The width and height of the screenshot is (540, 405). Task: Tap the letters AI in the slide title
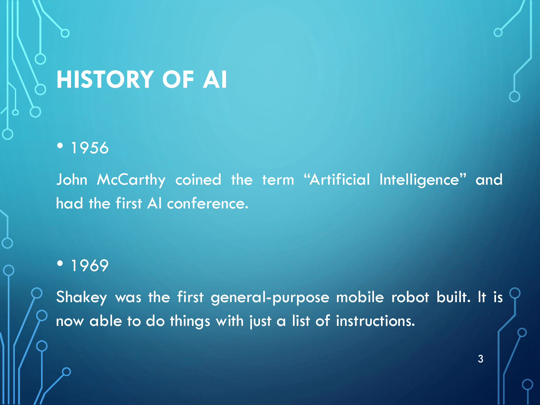coord(215,79)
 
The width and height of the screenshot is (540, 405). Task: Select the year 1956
coord(90,148)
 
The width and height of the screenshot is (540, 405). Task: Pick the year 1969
coord(90,265)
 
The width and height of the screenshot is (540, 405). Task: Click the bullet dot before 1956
coord(60,146)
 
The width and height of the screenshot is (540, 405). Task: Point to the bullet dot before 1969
coord(60,263)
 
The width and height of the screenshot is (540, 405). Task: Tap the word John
coord(72,180)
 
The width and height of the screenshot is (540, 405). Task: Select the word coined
coord(198,180)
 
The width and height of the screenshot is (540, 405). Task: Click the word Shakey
coord(82,298)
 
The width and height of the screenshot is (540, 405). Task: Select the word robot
coord(410,297)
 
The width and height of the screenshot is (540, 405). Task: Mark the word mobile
coord(360,297)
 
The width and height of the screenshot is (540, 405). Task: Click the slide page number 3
coord(481,359)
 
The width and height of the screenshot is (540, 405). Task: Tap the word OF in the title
coord(178,79)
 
